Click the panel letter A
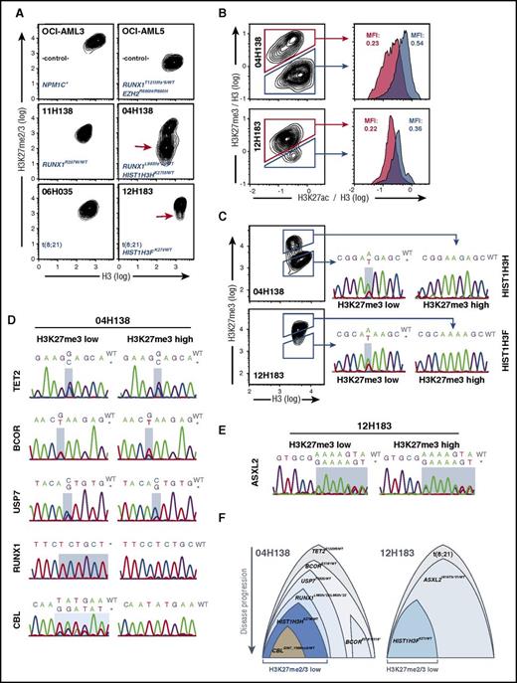tap(8, 8)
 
